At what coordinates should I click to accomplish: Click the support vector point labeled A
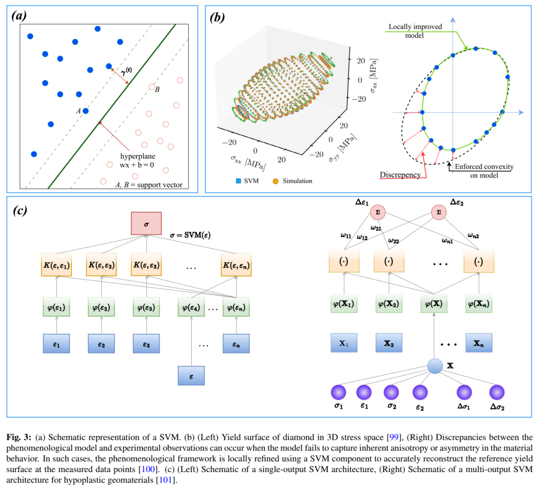(x=86, y=111)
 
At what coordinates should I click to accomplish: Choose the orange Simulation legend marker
(x=275, y=180)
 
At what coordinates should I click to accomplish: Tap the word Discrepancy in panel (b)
(x=400, y=175)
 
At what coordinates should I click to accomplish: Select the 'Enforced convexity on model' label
(x=481, y=170)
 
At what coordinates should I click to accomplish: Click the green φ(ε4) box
(x=191, y=307)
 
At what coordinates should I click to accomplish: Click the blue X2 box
(x=389, y=343)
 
